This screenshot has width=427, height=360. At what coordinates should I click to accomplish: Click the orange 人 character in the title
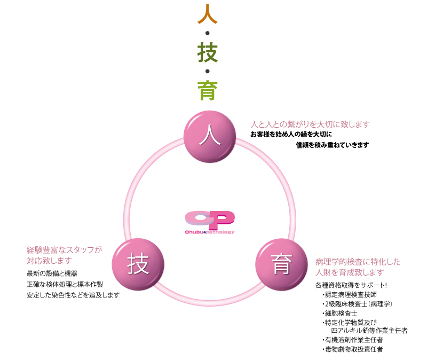point(207,14)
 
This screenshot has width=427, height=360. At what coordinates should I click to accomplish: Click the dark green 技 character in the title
point(207,52)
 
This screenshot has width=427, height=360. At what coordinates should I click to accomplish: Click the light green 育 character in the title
point(207,90)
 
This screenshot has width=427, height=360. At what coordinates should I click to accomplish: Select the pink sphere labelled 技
point(138,264)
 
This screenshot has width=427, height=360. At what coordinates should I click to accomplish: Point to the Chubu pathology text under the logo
point(210,232)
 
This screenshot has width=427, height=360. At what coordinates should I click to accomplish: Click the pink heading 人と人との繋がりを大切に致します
point(310,124)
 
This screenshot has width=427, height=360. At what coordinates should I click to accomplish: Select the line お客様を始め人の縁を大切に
point(291,134)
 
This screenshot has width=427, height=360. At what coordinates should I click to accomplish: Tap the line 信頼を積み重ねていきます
point(332,145)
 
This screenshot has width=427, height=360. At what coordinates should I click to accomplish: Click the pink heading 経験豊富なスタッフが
point(64,249)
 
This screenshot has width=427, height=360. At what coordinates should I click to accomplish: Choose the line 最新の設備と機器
point(52,273)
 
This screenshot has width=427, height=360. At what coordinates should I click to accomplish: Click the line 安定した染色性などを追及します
point(73,295)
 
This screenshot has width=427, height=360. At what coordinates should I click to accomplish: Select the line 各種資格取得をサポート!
point(351,285)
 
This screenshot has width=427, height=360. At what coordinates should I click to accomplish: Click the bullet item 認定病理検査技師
point(352,294)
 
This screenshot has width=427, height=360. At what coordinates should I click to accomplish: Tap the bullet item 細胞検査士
point(342,313)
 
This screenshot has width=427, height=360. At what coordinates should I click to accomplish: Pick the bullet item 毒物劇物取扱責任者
point(354,349)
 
